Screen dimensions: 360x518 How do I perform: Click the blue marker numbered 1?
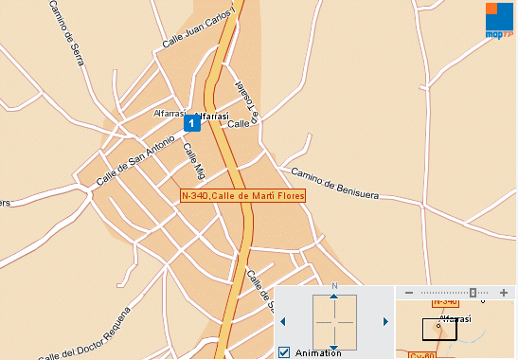pyautogui.click(x=190, y=123)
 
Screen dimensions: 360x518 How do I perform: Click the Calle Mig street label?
pyautogui.click(x=194, y=161)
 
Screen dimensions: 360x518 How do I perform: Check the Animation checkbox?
pyautogui.click(x=284, y=352)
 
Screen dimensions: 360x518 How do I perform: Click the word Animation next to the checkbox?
pyautogui.click(x=318, y=352)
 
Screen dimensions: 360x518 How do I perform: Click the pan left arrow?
pyautogui.click(x=282, y=322)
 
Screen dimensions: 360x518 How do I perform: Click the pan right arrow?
pyautogui.click(x=385, y=322)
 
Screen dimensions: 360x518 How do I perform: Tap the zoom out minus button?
pyautogui.click(x=408, y=294)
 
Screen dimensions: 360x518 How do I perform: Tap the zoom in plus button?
pyautogui.click(x=503, y=294)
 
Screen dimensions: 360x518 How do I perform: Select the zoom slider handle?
pyautogui.click(x=473, y=294)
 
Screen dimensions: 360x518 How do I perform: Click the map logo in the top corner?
pyautogui.click(x=499, y=19)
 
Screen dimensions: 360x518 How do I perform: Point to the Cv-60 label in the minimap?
pyautogui.click(x=421, y=355)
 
